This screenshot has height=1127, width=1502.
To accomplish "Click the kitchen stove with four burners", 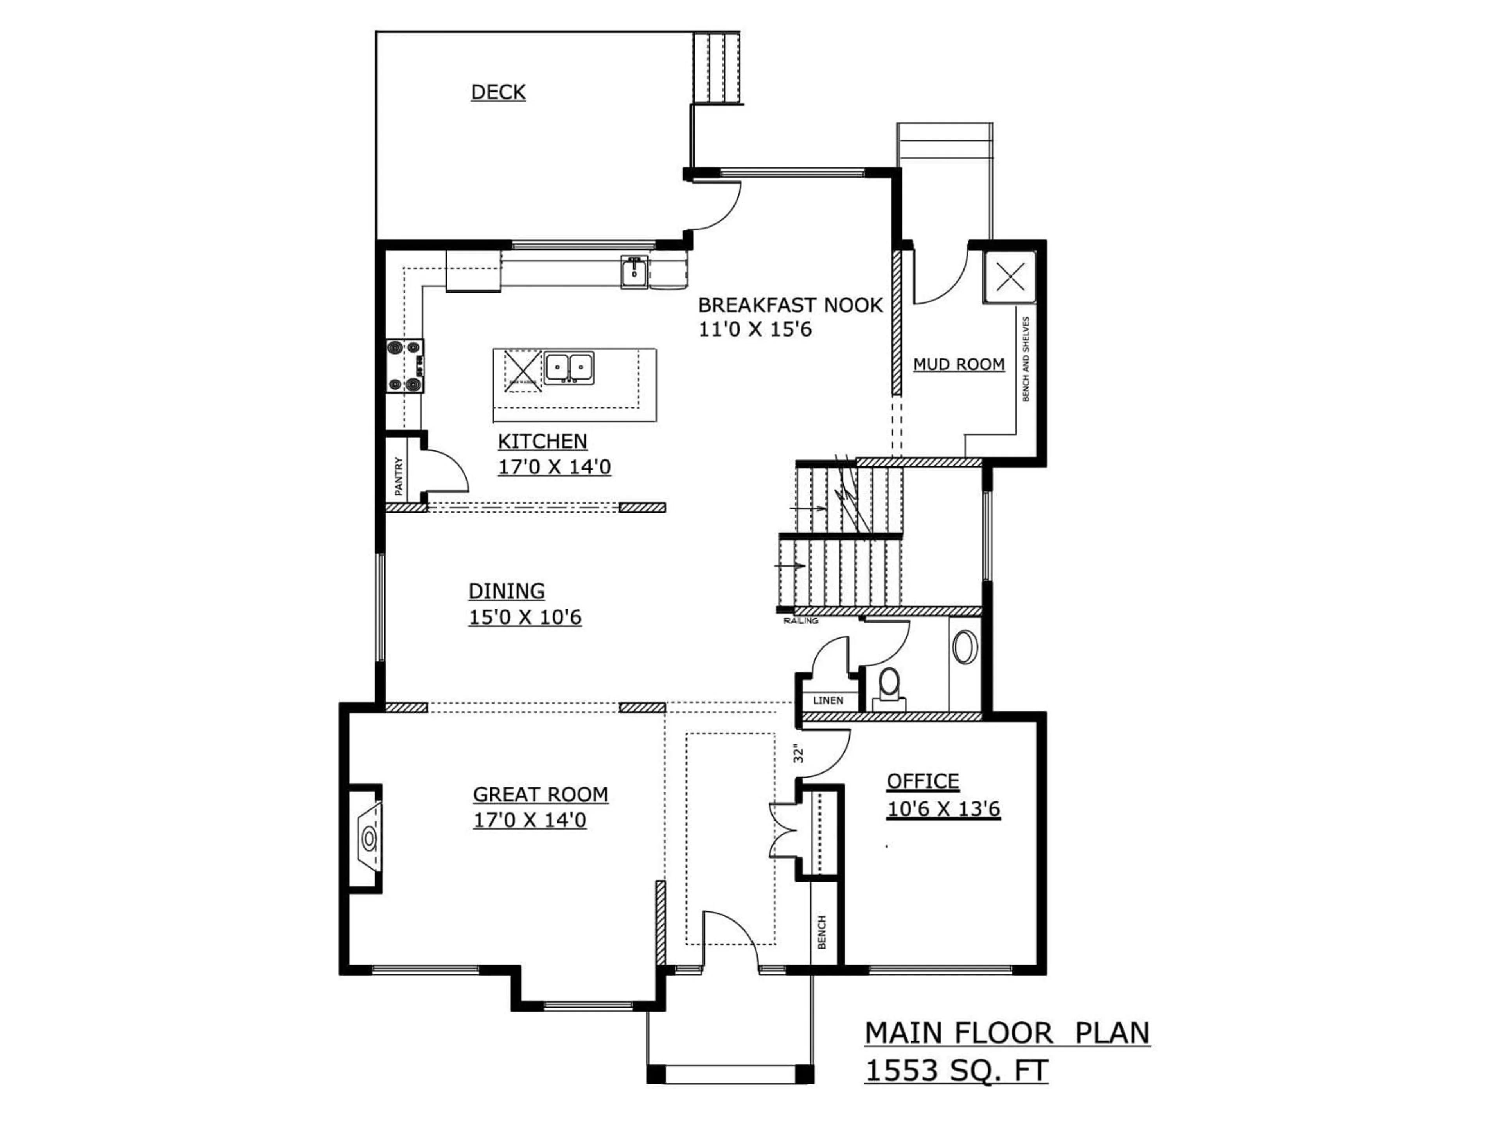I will point(405,366).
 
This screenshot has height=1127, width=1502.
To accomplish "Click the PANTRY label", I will point(399,475).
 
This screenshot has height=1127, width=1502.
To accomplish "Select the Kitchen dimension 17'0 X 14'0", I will point(554,467).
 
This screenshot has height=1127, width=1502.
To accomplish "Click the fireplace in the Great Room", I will point(368,838).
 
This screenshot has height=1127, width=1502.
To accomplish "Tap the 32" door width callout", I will point(799,754).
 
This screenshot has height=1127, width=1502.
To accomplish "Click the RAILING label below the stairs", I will point(801,621).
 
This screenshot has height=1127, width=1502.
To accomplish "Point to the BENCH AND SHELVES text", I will point(1025,359).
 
